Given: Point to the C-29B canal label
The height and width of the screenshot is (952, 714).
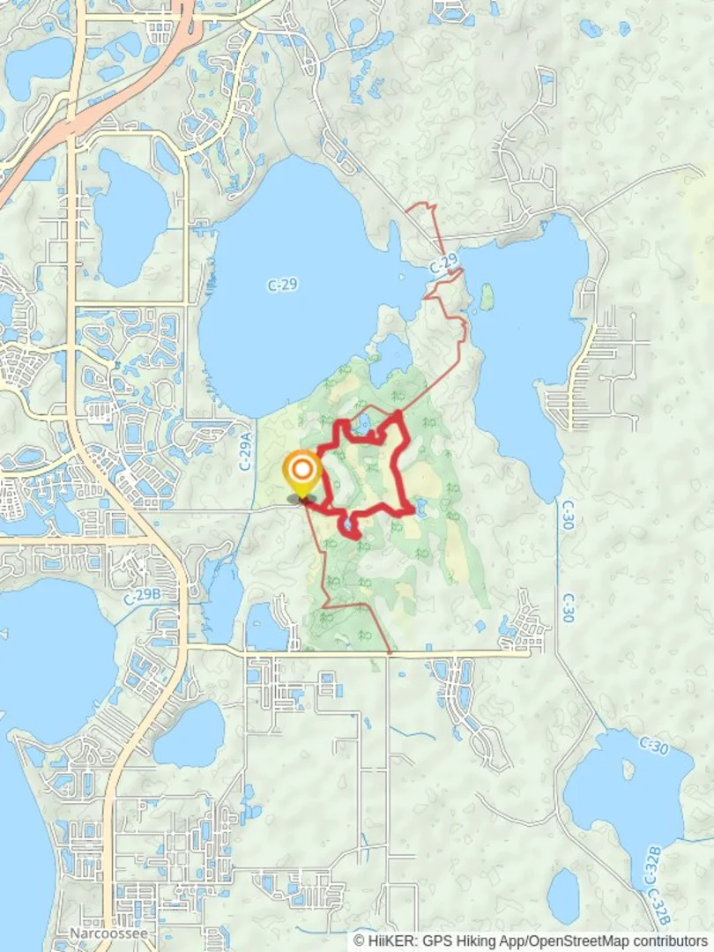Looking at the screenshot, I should coord(142,596).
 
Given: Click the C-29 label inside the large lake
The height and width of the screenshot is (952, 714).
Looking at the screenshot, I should coord(281,284).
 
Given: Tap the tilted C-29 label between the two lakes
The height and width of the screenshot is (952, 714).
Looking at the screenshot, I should coord(445,264).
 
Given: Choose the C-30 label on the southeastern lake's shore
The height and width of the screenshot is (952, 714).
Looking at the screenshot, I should coord(653,747).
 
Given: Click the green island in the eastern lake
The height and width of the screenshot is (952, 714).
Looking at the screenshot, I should coord(487,297).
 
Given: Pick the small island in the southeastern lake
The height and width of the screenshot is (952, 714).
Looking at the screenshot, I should coord(628,769).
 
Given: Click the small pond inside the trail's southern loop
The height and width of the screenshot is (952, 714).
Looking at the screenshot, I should coord(351,524).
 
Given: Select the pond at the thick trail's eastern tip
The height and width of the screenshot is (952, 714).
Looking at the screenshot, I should coord(419,508).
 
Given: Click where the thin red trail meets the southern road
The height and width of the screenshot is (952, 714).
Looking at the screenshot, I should coord(390,652).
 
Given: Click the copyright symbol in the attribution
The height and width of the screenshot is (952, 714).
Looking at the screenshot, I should coord(360,941).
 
